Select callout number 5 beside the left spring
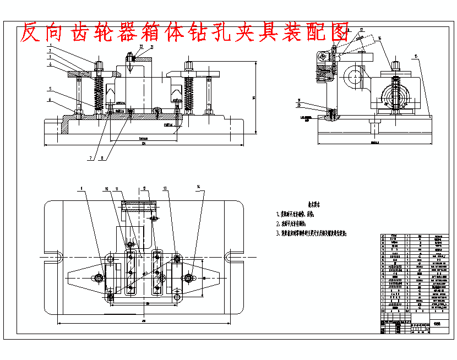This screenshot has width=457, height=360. (50, 88)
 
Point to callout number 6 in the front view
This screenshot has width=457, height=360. (50, 100)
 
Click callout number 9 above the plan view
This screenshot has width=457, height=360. (81, 188)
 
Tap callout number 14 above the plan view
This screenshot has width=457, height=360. (198, 188)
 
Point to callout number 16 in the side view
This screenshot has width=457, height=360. (380, 38)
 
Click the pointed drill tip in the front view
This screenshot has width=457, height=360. (130, 70)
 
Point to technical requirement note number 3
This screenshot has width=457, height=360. (314, 233)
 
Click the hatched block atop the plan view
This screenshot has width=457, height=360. (139, 206)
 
